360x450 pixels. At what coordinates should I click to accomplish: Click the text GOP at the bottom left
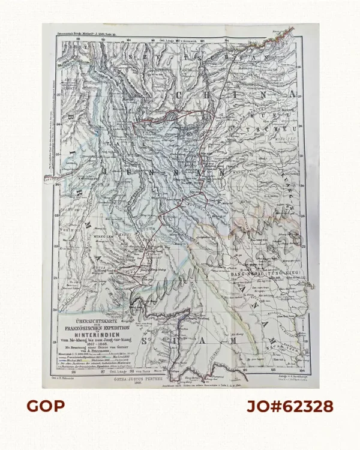point(45,406)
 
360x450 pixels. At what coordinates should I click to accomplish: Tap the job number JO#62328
point(290,406)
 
